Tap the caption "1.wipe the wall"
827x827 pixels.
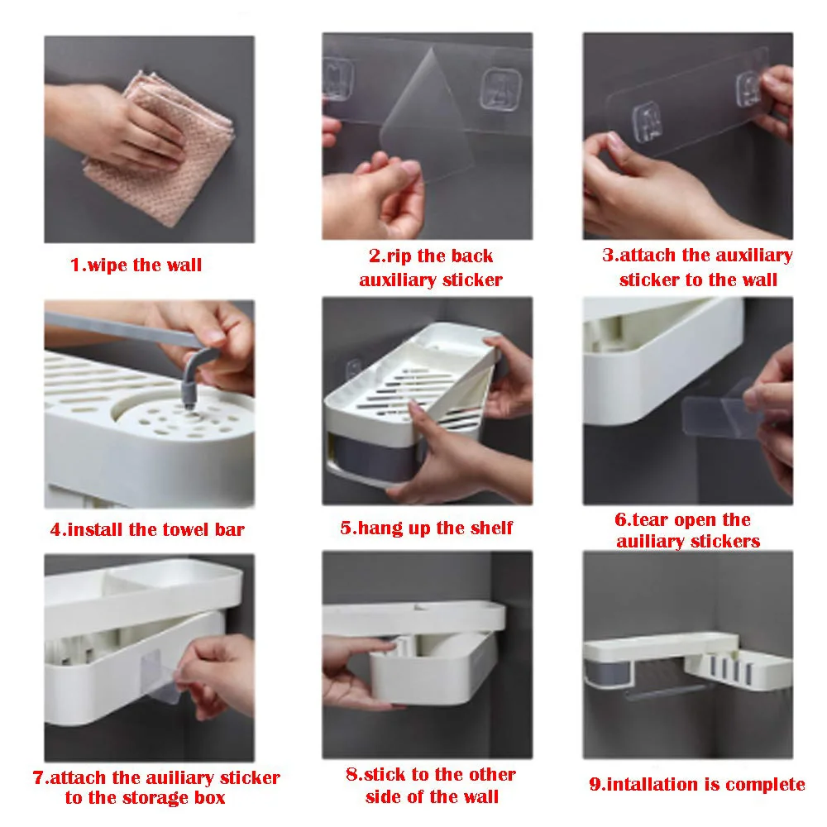pos(136,265)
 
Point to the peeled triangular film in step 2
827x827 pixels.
pos(428,113)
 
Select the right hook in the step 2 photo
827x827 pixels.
pos(500,88)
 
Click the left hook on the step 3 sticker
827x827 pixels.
pos(647,122)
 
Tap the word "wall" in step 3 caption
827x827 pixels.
pos(757,280)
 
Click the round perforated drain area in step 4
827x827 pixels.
pos(184,418)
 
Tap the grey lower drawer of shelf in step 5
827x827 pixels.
pos(375,458)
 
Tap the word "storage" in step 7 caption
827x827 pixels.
pos(157,798)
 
